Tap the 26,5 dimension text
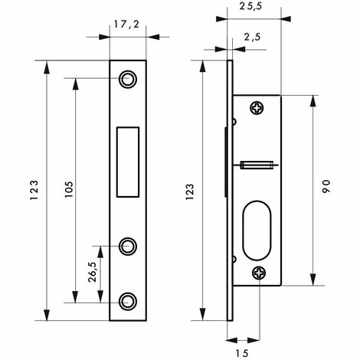click(x=90, y=273)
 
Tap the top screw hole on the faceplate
click(x=128, y=79)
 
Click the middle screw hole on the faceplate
click(x=128, y=246)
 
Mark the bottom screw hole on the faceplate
click(x=128, y=300)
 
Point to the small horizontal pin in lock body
click(x=257, y=163)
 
